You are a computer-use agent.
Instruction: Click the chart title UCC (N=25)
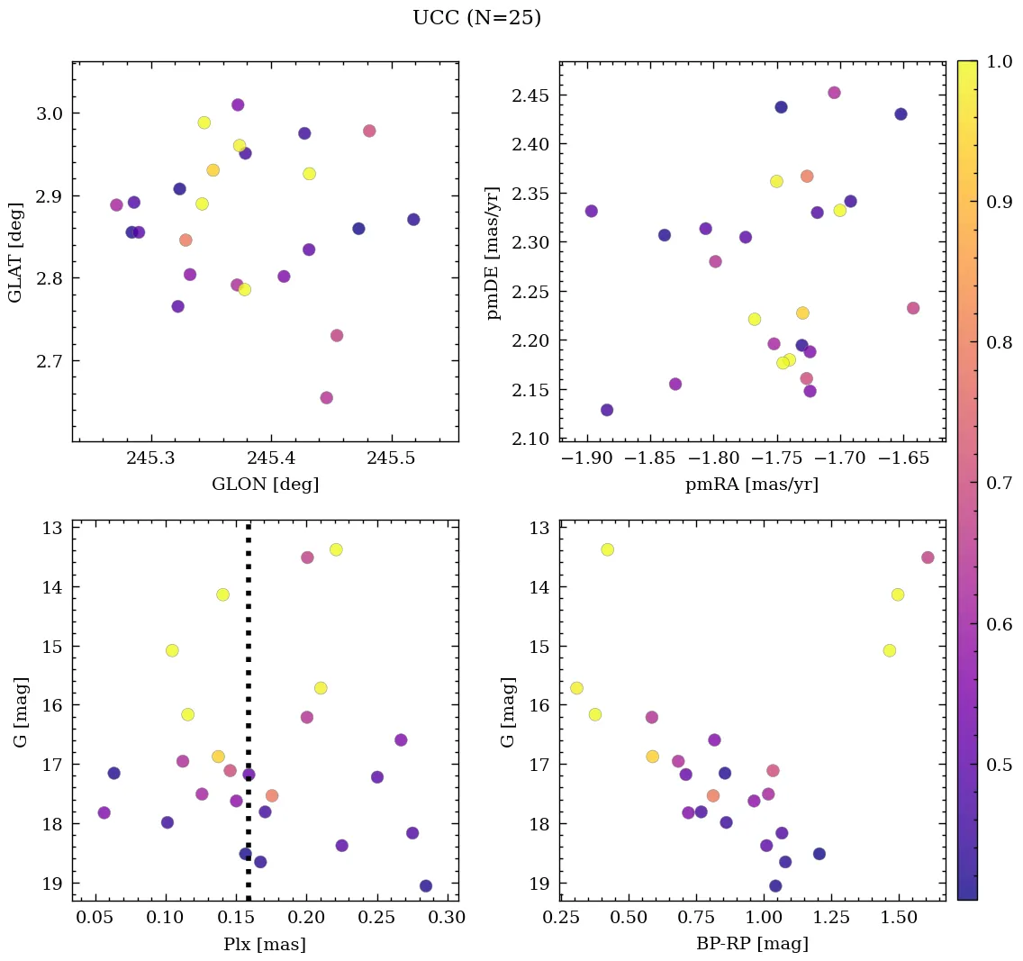476,18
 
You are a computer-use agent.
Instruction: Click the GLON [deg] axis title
265,485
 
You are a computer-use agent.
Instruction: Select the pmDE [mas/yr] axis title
493,251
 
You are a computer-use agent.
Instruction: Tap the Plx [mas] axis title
265,945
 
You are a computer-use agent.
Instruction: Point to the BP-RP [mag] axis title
753,945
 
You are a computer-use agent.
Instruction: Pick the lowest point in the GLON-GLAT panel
327,398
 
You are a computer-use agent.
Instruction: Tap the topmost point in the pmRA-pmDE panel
834,93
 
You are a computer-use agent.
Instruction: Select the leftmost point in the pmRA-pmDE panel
592,212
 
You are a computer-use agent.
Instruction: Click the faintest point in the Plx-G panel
426,886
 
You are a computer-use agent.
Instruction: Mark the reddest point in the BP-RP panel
928,558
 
